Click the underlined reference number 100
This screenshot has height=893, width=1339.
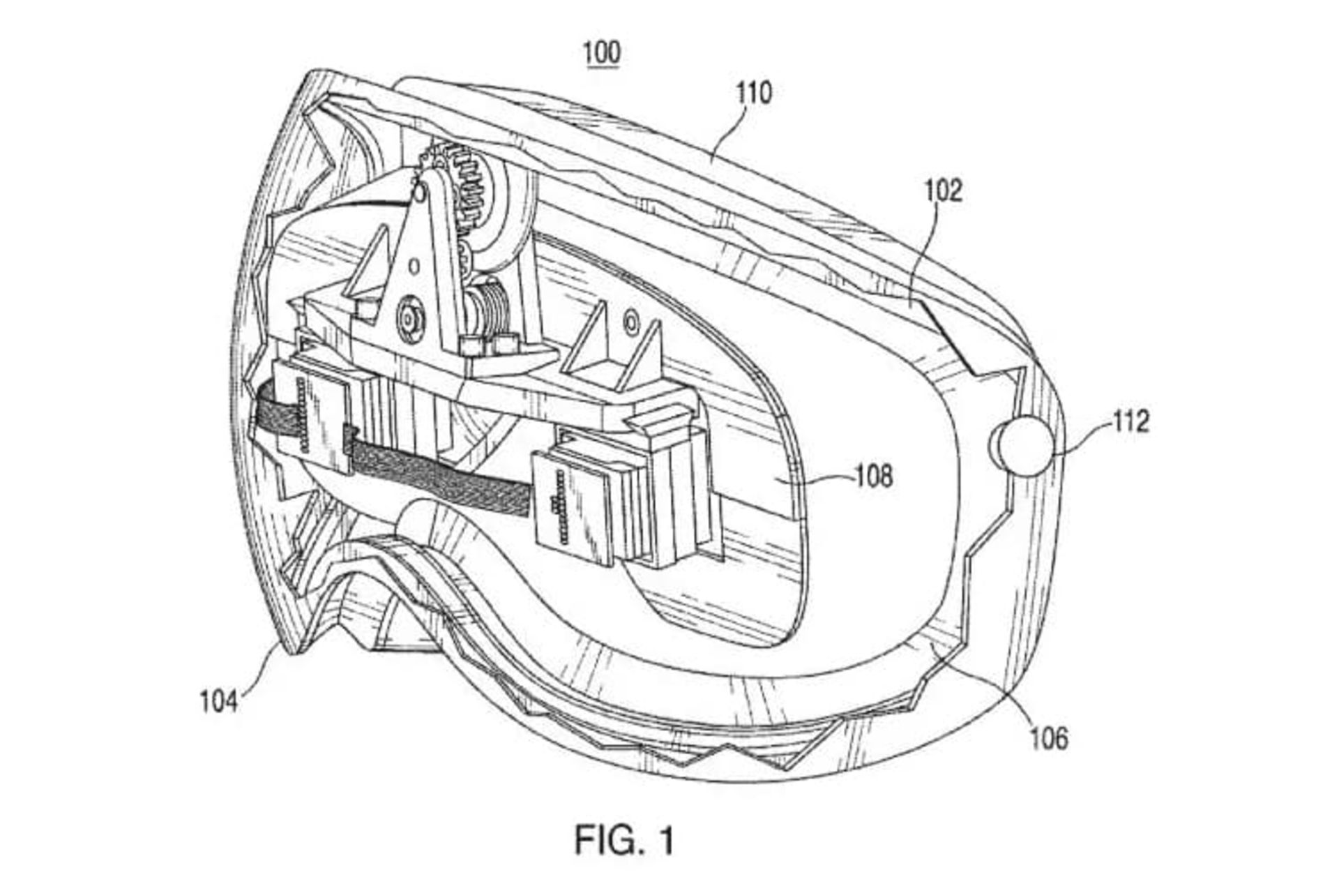[x=603, y=54]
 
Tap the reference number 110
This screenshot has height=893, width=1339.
[x=754, y=93]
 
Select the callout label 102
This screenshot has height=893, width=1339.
[x=943, y=190]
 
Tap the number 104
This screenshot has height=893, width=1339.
[x=219, y=700]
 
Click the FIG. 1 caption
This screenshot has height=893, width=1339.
[x=624, y=839]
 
